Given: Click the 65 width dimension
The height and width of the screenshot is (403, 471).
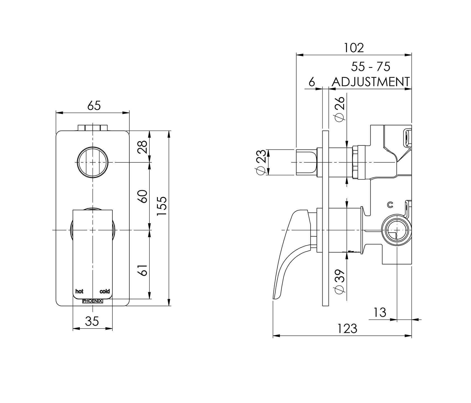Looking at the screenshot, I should pyautogui.click(x=94, y=106).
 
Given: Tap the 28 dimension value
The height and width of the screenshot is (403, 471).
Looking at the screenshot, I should pyautogui.click(x=143, y=147).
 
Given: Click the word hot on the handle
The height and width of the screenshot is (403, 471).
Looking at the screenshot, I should pyautogui.click(x=79, y=291).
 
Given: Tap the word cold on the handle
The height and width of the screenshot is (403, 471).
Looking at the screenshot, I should pyautogui.click(x=105, y=291).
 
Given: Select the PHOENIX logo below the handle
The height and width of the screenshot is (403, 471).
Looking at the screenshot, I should pyautogui.click(x=92, y=301).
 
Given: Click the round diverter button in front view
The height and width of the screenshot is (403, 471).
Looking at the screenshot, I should pyautogui.click(x=93, y=162).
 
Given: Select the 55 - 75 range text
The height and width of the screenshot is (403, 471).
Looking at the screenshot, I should pyautogui.click(x=370, y=67).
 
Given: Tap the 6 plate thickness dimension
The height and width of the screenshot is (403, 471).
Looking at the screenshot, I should pyautogui.click(x=312, y=82).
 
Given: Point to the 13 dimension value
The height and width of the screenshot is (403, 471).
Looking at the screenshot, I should pyautogui.click(x=380, y=313).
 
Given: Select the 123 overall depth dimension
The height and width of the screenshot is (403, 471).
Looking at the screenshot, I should pyautogui.click(x=347, y=329).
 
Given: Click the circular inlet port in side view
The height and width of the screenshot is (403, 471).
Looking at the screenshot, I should pyautogui.click(x=397, y=230).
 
